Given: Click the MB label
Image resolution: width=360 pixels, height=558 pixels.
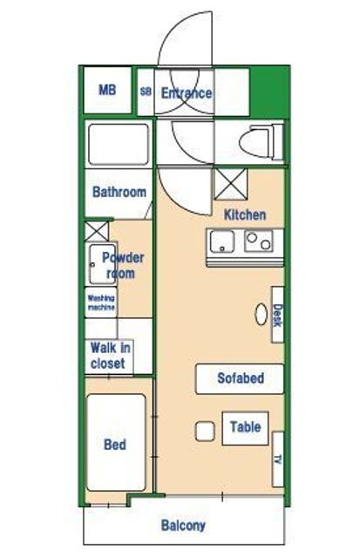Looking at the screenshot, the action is click(107, 90).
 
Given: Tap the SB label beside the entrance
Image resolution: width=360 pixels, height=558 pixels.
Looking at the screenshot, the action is click(146, 92).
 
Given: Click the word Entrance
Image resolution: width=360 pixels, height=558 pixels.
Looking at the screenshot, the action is click(187, 93).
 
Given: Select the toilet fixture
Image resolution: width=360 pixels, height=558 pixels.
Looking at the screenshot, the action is click(262, 142).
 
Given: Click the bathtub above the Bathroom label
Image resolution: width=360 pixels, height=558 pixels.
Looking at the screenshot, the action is click(119, 144).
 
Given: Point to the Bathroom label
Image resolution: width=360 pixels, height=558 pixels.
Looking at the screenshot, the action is click(119, 192).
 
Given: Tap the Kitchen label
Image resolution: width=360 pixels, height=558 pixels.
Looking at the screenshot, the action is click(245, 214).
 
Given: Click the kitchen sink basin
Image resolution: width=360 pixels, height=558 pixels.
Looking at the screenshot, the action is click(222, 242).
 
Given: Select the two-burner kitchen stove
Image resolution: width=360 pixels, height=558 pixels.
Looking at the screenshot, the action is click(259, 241).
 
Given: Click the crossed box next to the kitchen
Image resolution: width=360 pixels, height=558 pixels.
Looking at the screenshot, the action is click(230, 184).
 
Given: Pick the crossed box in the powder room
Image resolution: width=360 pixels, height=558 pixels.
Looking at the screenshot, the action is click(97, 231).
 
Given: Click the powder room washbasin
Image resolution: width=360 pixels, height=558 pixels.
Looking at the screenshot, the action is click(103, 263).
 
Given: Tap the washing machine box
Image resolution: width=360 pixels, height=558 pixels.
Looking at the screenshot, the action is click(101, 303).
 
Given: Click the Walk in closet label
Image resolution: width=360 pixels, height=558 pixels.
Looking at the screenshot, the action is click(110, 355).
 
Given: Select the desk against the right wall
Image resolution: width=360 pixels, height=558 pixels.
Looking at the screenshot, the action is click(277, 315).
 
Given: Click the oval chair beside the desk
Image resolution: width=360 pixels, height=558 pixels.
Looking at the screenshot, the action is click(261, 314).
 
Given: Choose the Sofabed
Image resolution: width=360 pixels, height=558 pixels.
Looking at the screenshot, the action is click(240, 378).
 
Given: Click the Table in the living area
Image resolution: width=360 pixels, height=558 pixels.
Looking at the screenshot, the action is click(245, 428).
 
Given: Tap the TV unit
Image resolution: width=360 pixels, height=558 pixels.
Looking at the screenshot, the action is click(278, 459).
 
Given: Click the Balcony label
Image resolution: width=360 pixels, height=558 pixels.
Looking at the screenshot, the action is click(183, 526).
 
